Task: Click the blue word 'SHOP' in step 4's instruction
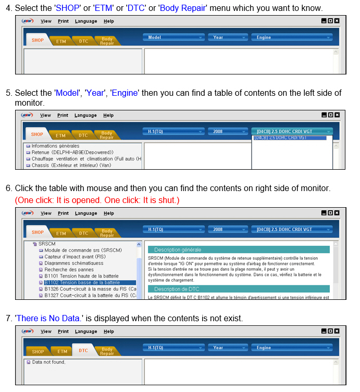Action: point(68,8)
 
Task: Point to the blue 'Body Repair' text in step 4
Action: point(183,8)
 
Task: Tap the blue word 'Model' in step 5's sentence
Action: point(67,93)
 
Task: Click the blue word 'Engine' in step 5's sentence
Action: point(125,93)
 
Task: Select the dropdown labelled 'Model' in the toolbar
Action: point(173,37)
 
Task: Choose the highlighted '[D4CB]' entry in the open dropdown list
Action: point(290,138)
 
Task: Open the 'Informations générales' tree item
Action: point(55,146)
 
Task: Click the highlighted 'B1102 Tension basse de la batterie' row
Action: point(90,283)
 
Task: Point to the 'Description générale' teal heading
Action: point(239,249)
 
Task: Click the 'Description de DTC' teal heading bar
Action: point(239,289)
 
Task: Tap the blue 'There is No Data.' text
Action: point(49,318)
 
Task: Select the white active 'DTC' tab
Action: point(83,350)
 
